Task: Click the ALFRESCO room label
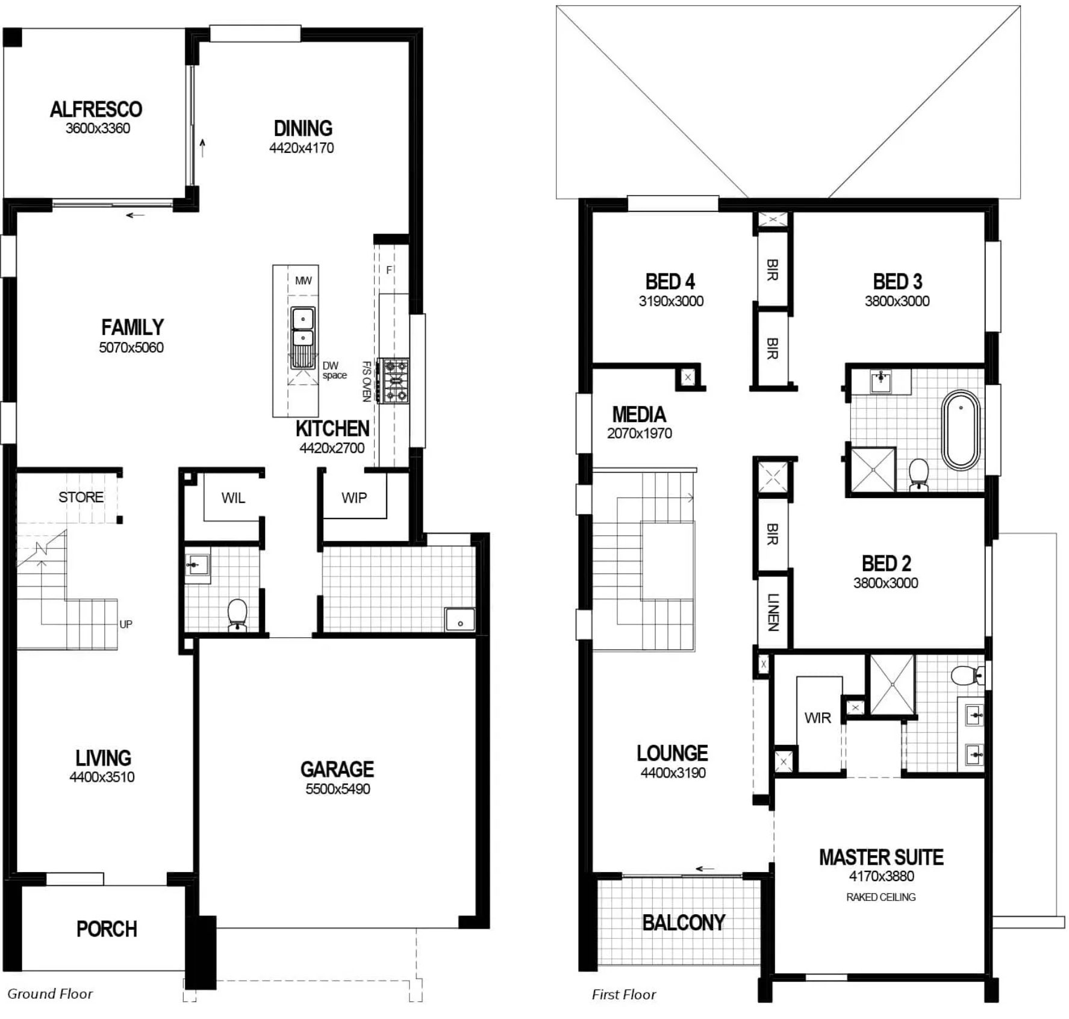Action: pyautogui.click(x=96, y=109)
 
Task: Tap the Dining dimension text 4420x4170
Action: pyautogui.click(x=301, y=148)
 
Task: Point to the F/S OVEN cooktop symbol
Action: pyautogui.click(x=394, y=381)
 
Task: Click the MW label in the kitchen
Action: pyautogui.click(x=304, y=281)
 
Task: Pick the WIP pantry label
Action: pyautogui.click(x=354, y=498)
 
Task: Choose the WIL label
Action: pyautogui.click(x=233, y=498)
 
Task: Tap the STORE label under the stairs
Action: pyautogui.click(x=81, y=497)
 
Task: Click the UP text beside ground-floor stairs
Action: pyautogui.click(x=126, y=625)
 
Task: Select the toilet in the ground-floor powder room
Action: pyautogui.click(x=237, y=615)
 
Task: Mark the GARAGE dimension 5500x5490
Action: pyautogui.click(x=337, y=790)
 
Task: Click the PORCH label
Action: pyautogui.click(x=107, y=929)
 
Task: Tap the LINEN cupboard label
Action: pyautogui.click(x=773, y=612)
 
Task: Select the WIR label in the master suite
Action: pyautogui.click(x=817, y=718)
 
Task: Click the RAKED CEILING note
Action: pyautogui.click(x=881, y=897)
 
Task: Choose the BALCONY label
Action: pyautogui.click(x=684, y=923)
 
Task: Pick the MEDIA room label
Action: pyautogui.click(x=639, y=414)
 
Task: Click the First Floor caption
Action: pyautogui.click(x=624, y=994)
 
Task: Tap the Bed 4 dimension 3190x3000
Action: pyautogui.click(x=671, y=301)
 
